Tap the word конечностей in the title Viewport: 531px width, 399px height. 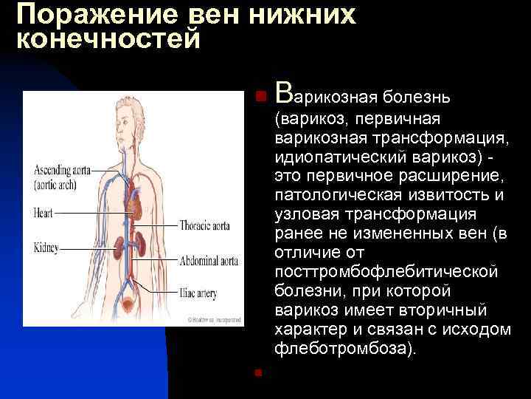tap(108, 38)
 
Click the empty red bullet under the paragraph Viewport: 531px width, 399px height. tap(257, 372)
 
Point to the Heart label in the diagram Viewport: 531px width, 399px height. tap(44, 212)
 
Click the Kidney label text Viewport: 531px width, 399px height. tap(46, 246)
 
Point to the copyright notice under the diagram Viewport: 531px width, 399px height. tap(214, 320)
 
